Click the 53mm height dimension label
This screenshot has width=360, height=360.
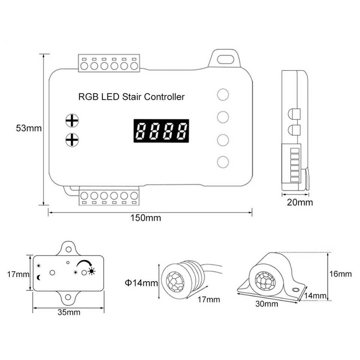click(28, 128)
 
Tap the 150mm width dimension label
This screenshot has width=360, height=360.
click(146, 218)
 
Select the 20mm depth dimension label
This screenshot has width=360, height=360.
click(300, 203)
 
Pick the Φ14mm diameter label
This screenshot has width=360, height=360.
click(141, 283)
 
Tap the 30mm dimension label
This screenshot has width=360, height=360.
click(267, 304)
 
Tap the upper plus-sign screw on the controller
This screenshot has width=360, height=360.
click(72, 120)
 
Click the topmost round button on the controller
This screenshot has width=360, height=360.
click(223, 94)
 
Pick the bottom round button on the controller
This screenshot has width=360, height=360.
click(223, 162)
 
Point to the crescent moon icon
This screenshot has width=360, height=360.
click(39, 277)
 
